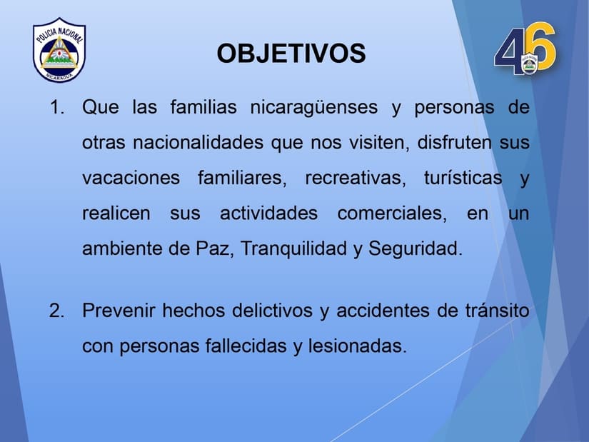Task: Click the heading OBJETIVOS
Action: [291, 54]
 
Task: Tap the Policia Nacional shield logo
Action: [59, 49]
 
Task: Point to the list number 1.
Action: [56, 107]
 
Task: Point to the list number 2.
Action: [56, 311]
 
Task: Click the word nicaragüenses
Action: [313, 108]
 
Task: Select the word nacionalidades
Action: [198, 142]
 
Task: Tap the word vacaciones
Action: [131, 178]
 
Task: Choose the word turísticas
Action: [463, 178]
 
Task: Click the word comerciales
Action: [392, 214]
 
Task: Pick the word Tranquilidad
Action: [293, 248]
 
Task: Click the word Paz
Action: [213, 248]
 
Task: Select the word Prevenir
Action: [119, 311]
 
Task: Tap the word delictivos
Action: [272, 311]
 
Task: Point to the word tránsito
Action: [498, 311]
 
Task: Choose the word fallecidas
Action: [246, 346]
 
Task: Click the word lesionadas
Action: [357, 346]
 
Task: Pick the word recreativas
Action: [355, 178]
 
